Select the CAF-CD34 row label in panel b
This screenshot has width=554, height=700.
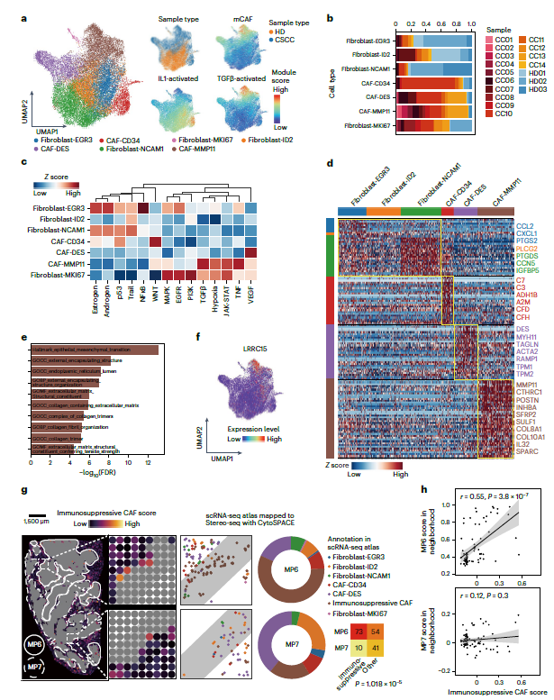coord(369,82)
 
